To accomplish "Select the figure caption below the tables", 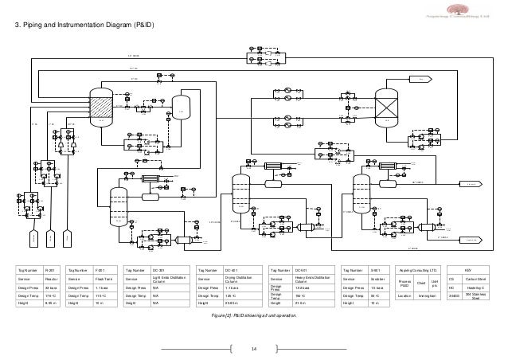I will tap(255, 317).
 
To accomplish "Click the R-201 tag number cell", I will tap(49, 270).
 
